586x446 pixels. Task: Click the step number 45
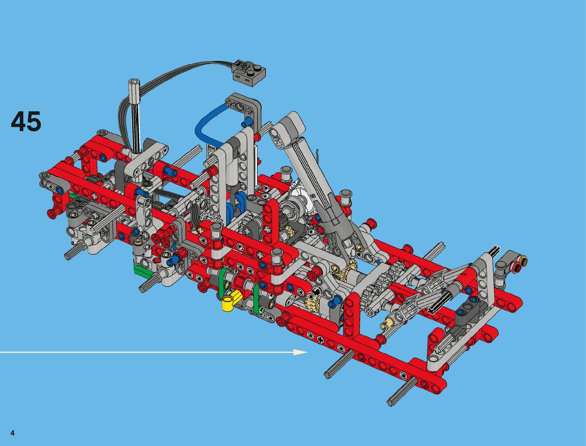pos(26,121)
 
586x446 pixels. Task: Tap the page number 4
pos(13,433)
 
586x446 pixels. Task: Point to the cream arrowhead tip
pos(307,352)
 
